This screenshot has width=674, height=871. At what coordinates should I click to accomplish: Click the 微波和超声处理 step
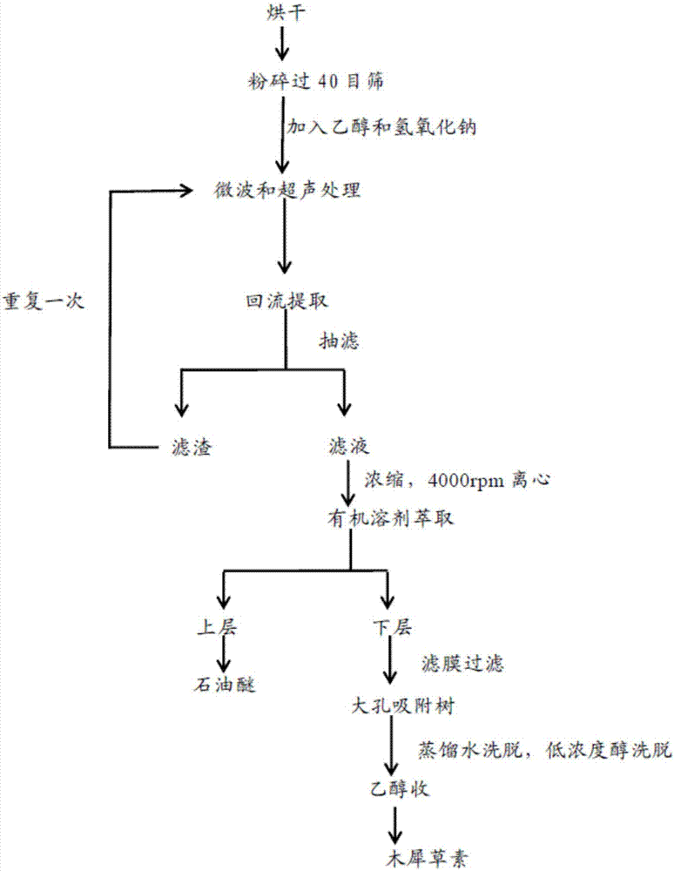pyautogui.click(x=282, y=191)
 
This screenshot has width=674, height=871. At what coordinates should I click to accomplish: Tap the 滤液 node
pyautogui.click(x=347, y=448)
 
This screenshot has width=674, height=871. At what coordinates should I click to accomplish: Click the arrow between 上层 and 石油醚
pyautogui.click(x=225, y=655)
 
